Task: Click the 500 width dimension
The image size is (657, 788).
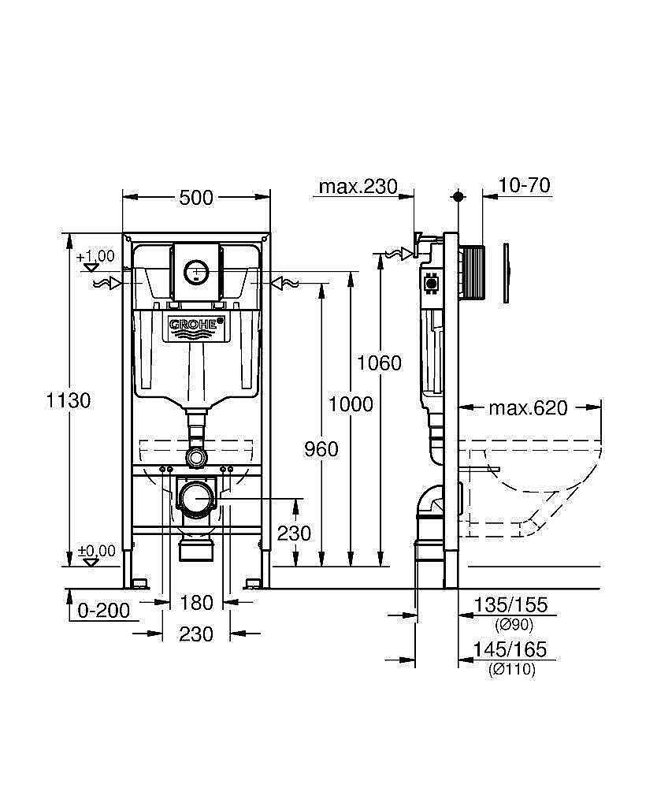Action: pyautogui.click(x=196, y=198)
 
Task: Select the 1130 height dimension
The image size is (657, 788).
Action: pyautogui.click(x=69, y=400)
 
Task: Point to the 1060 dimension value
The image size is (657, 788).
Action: pyautogui.click(x=379, y=363)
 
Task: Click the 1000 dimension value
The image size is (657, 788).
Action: pyautogui.click(x=351, y=404)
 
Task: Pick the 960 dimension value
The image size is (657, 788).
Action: pyautogui.click(x=321, y=449)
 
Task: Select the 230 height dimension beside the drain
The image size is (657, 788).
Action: pyautogui.click(x=294, y=533)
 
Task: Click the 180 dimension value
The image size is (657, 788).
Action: pyautogui.click(x=196, y=603)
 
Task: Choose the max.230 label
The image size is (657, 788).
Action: pyautogui.click(x=355, y=187)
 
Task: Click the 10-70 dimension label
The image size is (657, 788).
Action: pyautogui.click(x=525, y=186)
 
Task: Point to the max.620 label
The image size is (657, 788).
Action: pyautogui.click(x=528, y=408)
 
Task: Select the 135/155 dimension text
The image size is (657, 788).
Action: pyautogui.click(x=510, y=606)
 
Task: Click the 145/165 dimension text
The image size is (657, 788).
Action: pyautogui.click(x=510, y=650)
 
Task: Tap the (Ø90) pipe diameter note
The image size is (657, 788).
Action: pyautogui.click(x=514, y=625)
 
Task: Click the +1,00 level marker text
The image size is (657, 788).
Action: pyautogui.click(x=95, y=256)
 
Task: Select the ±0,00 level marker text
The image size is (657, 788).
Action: pyautogui.click(x=95, y=550)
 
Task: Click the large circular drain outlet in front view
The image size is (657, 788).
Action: pyautogui.click(x=196, y=499)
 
